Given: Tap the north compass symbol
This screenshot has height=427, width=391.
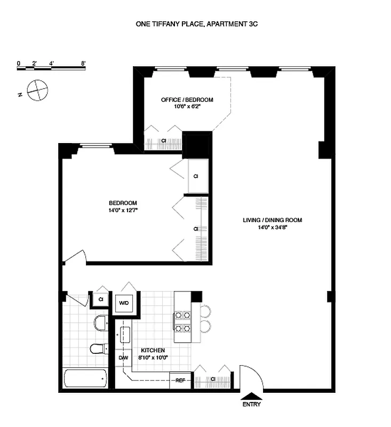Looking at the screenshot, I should (x=37, y=90).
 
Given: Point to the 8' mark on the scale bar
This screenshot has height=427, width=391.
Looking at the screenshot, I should (x=83, y=64).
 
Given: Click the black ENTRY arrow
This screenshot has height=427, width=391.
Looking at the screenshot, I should (x=252, y=396).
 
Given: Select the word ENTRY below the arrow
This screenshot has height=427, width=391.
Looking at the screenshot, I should (x=252, y=405).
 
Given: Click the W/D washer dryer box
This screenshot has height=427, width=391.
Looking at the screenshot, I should (x=124, y=303).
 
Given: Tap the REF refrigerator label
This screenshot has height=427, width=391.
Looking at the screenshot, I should (x=180, y=380).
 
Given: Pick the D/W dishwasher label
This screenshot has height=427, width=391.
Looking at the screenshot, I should (x=123, y=357).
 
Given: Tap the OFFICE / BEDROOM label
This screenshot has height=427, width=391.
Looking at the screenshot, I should (x=187, y=100).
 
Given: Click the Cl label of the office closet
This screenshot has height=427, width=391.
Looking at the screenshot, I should (x=164, y=141).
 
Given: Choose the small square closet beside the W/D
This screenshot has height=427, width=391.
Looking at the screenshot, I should (x=101, y=299).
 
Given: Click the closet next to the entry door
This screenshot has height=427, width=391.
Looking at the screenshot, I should (x=213, y=380).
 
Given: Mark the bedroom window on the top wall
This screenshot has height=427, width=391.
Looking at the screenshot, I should (x=96, y=145).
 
